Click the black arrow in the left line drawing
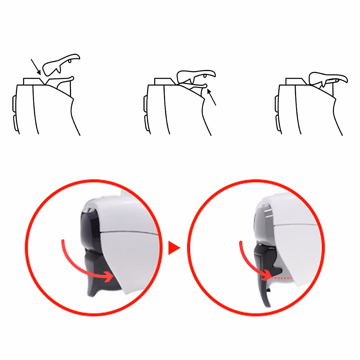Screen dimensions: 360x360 click(x=36, y=67)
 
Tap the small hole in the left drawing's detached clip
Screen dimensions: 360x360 click(x=70, y=61)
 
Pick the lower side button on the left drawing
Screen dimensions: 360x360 click(x=14, y=123)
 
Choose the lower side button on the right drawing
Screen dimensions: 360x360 click(x=277, y=123)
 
